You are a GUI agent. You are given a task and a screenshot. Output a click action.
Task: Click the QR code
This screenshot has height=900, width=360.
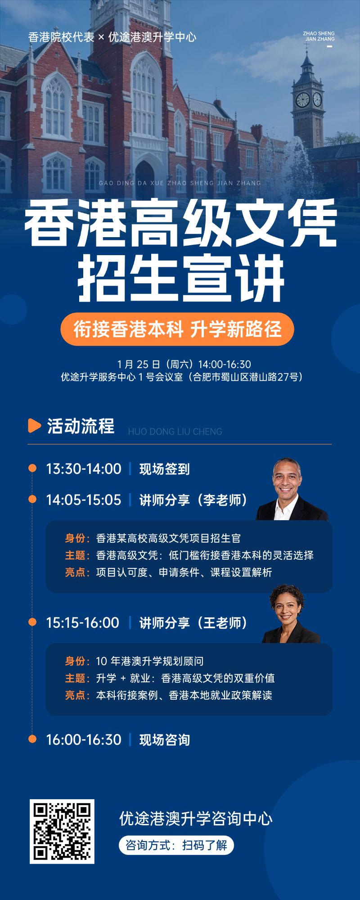(x=62, y=832)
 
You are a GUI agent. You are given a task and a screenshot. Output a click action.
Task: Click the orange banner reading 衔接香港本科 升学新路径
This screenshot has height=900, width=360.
(x=177, y=329)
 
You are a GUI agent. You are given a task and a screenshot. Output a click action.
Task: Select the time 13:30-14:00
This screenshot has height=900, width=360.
(x=84, y=469)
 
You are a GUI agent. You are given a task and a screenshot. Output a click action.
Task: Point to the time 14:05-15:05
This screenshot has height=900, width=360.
(x=84, y=500)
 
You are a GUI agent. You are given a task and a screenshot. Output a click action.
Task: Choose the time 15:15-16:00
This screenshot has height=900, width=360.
(x=83, y=623)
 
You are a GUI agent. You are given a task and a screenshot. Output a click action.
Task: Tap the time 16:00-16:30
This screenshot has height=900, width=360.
(x=84, y=740)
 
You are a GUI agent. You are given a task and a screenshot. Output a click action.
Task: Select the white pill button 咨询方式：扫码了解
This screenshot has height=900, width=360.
(x=176, y=845)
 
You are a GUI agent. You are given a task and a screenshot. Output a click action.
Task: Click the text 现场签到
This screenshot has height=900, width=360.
(x=165, y=469)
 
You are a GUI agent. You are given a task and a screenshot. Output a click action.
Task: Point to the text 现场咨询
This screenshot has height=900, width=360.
(x=165, y=740)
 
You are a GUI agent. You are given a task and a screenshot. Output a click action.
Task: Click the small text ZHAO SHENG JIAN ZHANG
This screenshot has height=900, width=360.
(x=319, y=36)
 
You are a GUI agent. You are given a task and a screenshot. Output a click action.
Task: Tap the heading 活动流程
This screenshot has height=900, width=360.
(x=81, y=426)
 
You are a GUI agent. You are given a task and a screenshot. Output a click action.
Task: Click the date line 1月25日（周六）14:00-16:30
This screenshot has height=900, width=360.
(x=184, y=364)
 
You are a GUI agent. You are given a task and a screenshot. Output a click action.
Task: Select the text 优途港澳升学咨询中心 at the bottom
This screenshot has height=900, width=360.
(x=196, y=819)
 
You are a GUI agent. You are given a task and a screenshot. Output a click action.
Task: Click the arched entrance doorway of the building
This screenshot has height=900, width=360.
(x=145, y=178)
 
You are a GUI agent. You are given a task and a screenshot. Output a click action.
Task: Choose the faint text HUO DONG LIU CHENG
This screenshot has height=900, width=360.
(x=175, y=432)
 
